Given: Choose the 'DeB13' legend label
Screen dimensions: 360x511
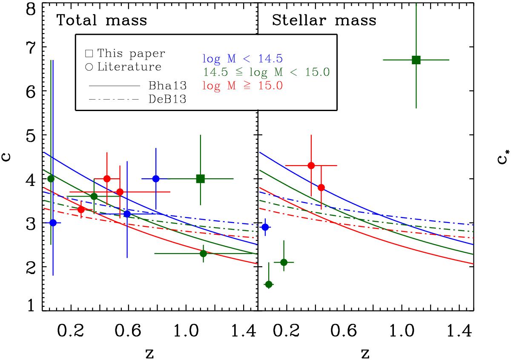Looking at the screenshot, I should pyautogui.click(x=168, y=100).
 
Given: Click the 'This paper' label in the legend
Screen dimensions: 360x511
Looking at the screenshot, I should pyautogui.click(x=130, y=54).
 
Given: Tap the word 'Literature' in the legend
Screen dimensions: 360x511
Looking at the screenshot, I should pyautogui.click(x=129, y=67).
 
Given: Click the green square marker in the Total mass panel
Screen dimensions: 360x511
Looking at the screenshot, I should pyautogui.click(x=201, y=179).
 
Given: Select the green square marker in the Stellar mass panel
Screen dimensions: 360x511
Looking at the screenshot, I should pyautogui.click(x=416, y=60).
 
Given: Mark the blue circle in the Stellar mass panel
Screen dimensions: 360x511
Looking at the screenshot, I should pyautogui.click(x=265, y=227).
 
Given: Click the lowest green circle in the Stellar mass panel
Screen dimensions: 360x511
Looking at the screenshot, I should pyautogui.click(x=269, y=284).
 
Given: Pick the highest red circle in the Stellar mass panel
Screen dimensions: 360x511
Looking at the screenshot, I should pyautogui.click(x=311, y=166).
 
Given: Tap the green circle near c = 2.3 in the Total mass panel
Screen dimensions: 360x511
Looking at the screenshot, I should pyautogui.click(x=203, y=253).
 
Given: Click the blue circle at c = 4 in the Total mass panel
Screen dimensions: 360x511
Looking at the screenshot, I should pyautogui.click(x=156, y=179).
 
